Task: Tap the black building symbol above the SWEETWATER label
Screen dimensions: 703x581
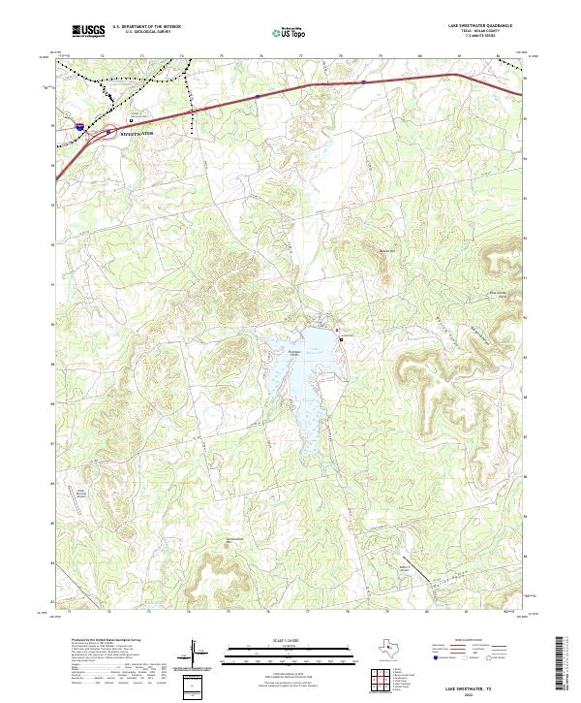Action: point(133,120)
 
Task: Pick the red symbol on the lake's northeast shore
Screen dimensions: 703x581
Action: point(337,331)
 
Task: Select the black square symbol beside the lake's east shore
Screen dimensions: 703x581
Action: point(341,340)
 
